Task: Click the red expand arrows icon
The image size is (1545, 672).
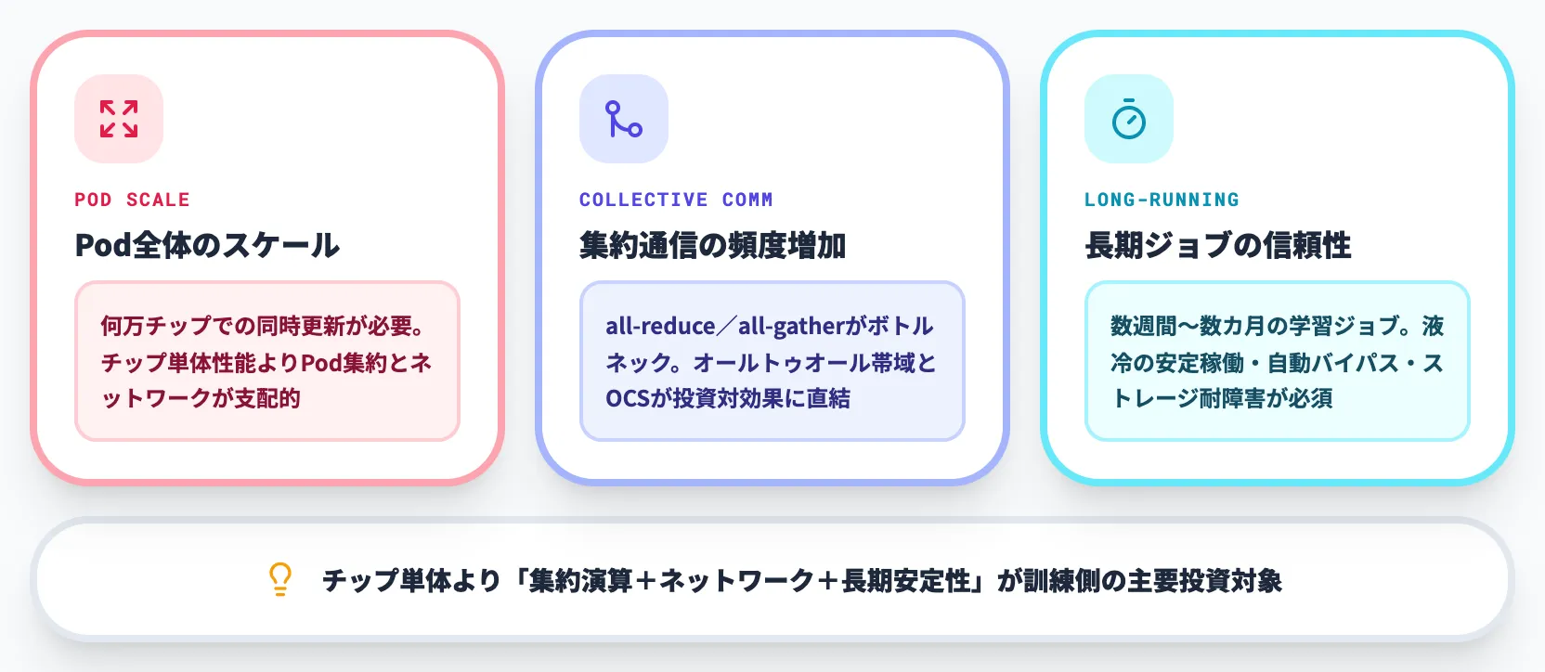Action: point(119,119)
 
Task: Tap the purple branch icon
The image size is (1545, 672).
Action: point(624,119)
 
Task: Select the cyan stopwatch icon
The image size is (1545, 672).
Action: point(1129,119)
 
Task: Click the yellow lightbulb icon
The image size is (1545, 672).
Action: point(280,579)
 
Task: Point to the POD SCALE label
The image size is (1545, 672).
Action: point(132,200)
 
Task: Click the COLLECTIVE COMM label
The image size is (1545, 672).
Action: point(676,200)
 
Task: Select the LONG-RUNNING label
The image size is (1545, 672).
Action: point(1162,200)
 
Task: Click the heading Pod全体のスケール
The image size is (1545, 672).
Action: point(207,245)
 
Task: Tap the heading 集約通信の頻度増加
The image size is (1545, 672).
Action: point(712,245)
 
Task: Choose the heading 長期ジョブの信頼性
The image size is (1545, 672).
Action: point(1217,245)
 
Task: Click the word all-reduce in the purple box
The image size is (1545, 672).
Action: point(660,326)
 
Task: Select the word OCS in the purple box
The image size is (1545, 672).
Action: point(627,398)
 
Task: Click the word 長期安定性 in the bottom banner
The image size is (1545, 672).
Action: point(906,581)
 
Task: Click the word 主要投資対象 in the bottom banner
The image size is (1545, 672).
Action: point(1205,581)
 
